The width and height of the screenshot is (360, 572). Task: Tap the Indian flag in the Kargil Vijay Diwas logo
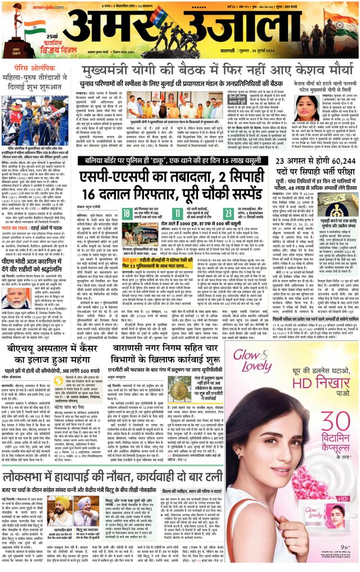point(34,28)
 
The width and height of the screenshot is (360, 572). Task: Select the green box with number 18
point(128,213)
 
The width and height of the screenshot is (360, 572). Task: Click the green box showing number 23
point(228,213)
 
